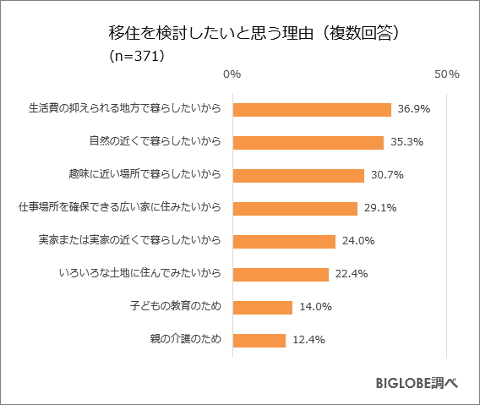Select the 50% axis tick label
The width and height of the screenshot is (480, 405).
tap(446, 74)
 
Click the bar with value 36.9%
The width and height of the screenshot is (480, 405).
tap(312, 109)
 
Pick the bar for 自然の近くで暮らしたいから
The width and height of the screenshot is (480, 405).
tap(308, 142)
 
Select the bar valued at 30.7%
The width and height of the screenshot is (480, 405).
tap(298, 175)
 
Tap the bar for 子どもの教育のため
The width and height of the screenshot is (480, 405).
tap(262, 307)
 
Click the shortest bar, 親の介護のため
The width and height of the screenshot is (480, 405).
tap(259, 340)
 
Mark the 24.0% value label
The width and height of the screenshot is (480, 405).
tap(358, 241)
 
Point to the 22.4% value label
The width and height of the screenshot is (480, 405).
tap(351, 274)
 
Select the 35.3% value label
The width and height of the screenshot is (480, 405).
tap(406, 142)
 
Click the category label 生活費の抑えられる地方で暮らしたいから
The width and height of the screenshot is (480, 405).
tap(124, 109)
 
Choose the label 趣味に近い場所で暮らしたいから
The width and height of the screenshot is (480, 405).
tap(145, 175)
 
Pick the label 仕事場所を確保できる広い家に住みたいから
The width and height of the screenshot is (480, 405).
tap(119, 208)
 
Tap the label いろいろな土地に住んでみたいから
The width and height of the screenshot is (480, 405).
tap(140, 274)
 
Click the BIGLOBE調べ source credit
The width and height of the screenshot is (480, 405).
tap(417, 383)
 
